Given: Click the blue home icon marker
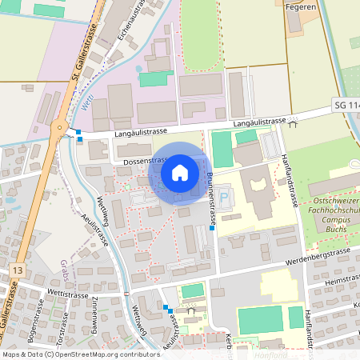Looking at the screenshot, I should pos(180,172).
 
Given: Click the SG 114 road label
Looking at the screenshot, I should pos(346,106).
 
